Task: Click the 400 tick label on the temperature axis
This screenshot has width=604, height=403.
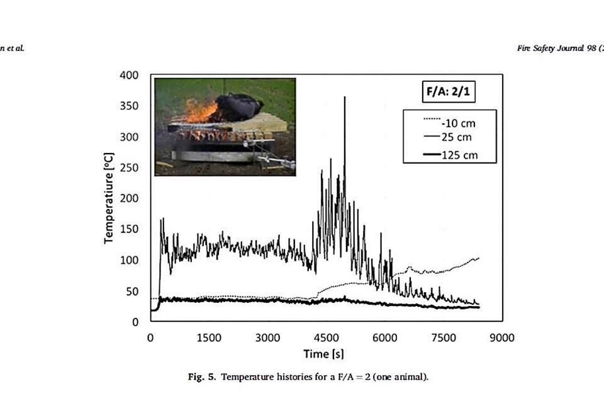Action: coord(130,76)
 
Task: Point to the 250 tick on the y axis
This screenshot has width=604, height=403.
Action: coord(130,167)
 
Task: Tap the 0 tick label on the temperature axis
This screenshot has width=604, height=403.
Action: coord(135,322)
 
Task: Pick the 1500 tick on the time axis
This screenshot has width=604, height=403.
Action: coord(209,338)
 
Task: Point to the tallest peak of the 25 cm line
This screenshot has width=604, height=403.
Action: coord(345,98)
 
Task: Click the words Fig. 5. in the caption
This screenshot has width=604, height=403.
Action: coord(201,378)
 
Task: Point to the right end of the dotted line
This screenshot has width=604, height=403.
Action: coord(479,258)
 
